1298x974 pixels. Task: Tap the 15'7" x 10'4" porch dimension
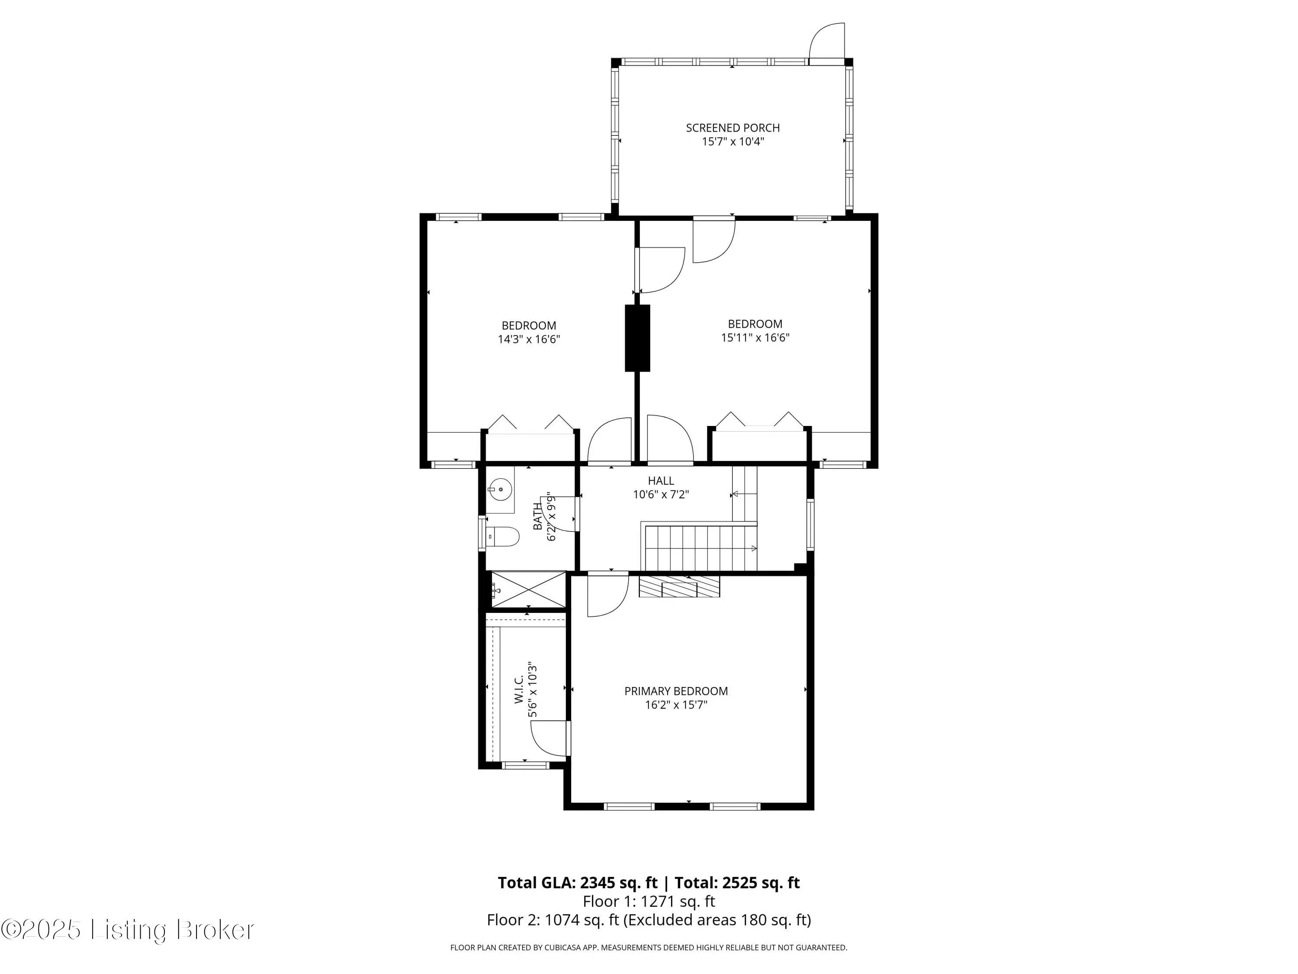(733, 142)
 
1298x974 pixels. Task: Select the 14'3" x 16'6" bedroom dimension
(529, 339)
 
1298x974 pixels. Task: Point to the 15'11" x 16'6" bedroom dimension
(755, 338)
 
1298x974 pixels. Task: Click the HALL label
(661, 481)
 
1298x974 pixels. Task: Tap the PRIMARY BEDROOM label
(676, 691)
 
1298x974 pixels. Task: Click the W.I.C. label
(519, 689)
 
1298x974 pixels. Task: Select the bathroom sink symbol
(501, 488)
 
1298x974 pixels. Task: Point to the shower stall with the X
(529, 590)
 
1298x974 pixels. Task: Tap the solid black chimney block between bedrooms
(638, 338)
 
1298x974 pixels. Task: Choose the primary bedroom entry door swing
(608, 596)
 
